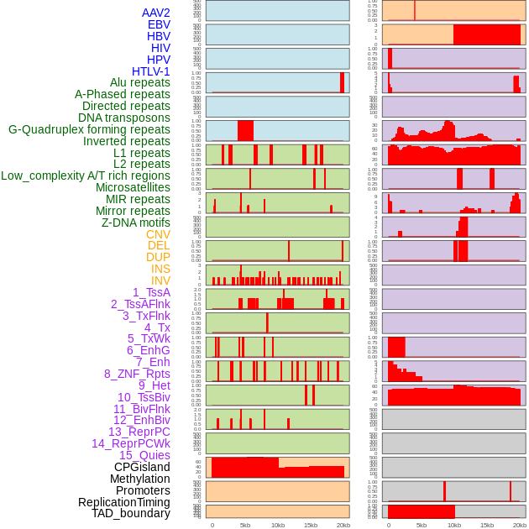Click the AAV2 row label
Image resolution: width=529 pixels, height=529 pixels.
155,13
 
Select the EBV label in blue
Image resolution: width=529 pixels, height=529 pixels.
159,24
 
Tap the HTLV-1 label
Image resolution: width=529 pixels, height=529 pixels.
150,71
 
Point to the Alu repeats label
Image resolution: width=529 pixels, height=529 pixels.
139,82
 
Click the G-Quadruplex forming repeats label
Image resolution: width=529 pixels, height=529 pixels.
89,129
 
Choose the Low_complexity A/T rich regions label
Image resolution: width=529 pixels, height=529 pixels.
86,175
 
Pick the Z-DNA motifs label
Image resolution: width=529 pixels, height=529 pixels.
135,223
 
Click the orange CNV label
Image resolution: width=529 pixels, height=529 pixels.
158,234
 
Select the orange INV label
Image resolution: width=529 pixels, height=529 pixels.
160,280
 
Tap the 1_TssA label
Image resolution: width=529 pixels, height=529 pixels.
151,292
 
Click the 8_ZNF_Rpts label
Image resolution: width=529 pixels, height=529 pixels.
137,374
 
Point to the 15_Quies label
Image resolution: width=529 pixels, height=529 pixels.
144,455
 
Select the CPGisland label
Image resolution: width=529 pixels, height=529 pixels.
142,467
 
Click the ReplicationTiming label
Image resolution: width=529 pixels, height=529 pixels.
123,502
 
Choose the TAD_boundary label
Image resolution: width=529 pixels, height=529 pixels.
131,513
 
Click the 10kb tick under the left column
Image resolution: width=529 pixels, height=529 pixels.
277,525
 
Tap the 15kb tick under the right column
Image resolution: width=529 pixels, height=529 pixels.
487,525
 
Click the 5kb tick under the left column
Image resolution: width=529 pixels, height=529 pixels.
244,525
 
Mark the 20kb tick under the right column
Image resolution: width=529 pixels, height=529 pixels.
520,525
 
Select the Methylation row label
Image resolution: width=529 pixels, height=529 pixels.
140,479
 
